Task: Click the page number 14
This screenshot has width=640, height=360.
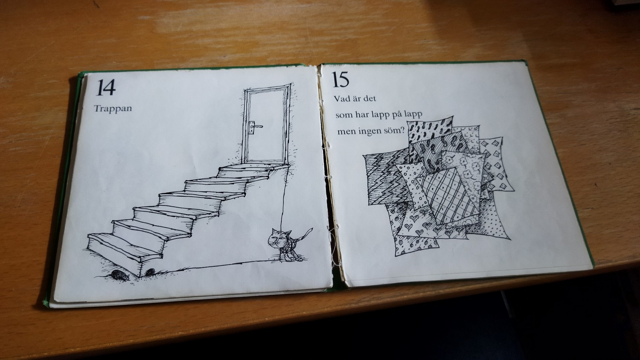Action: [106, 87]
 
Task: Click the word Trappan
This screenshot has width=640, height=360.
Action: [113, 109]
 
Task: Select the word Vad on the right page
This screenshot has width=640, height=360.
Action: [342, 99]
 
